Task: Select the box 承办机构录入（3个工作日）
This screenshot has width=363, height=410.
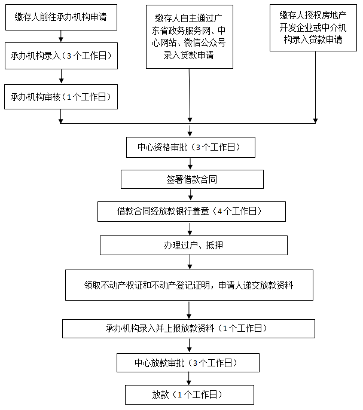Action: (x=61, y=57)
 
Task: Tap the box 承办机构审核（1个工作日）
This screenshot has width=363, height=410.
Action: (x=61, y=97)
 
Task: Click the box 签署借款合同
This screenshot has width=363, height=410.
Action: (x=191, y=179)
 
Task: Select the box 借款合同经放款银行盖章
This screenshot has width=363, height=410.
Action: (x=191, y=212)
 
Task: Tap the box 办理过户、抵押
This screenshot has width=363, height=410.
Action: (x=193, y=246)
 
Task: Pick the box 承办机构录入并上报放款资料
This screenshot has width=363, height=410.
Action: (x=188, y=329)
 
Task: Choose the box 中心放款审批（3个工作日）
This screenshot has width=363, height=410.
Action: (x=188, y=363)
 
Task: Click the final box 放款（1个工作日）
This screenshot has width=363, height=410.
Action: (x=189, y=395)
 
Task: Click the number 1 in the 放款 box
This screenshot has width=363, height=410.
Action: (x=179, y=395)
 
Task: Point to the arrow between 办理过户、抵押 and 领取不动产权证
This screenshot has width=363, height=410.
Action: (x=190, y=262)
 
